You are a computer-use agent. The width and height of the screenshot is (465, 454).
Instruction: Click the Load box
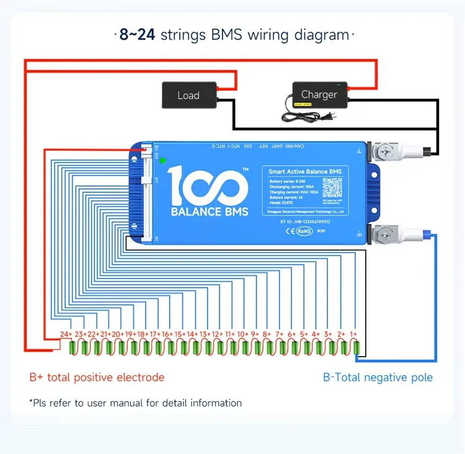click(188, 95)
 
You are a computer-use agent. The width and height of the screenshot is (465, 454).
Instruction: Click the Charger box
click(319, 95)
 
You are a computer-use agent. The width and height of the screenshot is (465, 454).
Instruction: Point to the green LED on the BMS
click(163, 160)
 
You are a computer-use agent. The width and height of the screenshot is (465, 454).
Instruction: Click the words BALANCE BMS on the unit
click(209, 211)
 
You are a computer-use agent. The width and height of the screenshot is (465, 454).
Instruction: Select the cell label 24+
click(66, 334)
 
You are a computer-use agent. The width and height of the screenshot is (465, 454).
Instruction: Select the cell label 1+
click(354, 334)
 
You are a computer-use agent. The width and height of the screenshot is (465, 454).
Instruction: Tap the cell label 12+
click(217, 334)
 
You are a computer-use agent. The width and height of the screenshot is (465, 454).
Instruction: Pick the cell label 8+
click(267, 334)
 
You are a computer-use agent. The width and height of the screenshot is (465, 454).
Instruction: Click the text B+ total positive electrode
click(97, 377)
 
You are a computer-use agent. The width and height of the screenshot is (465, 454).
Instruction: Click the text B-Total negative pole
click(378, 377)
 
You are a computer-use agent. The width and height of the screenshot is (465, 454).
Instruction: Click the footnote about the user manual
click(135, 403)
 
